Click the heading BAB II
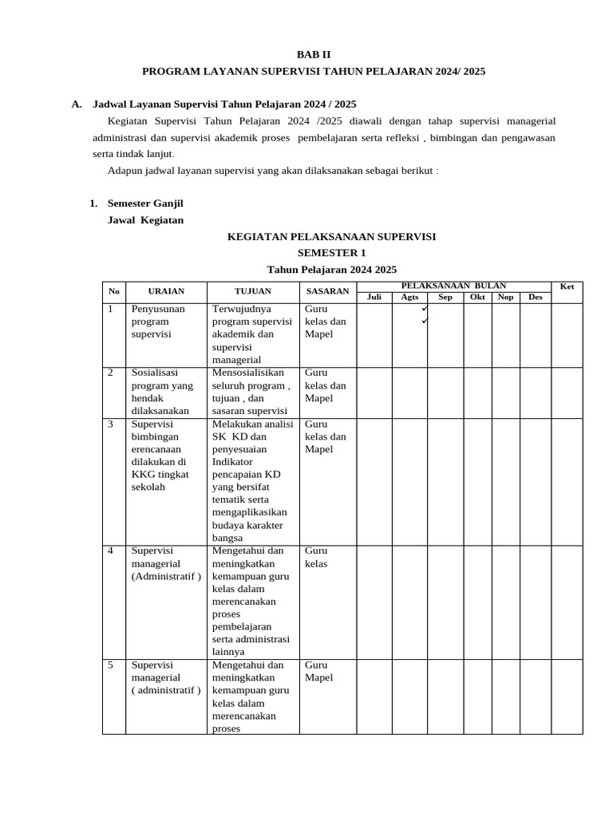click(313, 54)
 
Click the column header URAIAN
click(165, 292)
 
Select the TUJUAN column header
click(252, 292)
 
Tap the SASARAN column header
click(327, 292)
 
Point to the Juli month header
click(374, 298)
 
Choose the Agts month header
click(409, 298)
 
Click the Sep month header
click(445, 298)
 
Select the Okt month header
click(477, 298)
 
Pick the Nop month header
click(505, 298)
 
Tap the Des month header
click(535, 298)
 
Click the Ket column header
click(567, 286)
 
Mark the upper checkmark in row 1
click(425, 309)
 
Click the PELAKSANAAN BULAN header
click(453, 286)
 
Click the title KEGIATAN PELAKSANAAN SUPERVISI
click(331, 237)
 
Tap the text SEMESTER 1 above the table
click(331, 253)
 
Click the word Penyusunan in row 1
click(158, 309)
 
